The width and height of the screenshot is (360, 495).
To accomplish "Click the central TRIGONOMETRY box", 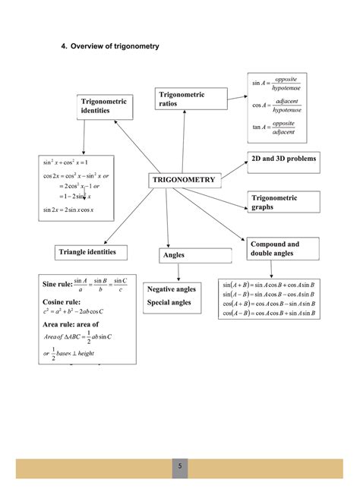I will coord(184,180).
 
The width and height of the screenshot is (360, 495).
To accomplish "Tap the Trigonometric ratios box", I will coord(190,98).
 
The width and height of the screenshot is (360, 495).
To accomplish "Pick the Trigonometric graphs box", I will coord(280,202).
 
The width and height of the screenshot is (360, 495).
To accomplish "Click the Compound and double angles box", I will coord(280,248).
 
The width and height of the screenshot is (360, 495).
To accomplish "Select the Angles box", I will coord(182,255).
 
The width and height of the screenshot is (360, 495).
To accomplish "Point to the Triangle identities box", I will coord(92,251).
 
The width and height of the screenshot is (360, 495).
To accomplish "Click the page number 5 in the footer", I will coord(180,468).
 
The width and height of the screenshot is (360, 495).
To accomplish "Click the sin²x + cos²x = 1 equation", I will coord(66,162).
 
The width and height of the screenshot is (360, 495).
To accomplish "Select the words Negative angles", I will coord(171,289).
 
